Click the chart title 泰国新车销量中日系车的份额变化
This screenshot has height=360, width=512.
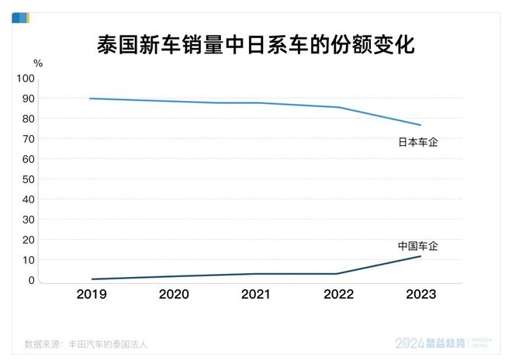255,44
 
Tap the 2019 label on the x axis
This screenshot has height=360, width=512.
92,294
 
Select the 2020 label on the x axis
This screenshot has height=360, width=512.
174,294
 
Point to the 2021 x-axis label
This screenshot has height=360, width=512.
256,294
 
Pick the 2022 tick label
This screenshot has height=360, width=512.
338,294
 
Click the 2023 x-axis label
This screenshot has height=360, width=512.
420,294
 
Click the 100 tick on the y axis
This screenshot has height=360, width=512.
26,78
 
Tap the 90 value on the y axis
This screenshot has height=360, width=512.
28,99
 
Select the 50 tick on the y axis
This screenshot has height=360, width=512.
28,179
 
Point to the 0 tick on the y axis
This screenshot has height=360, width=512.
31,280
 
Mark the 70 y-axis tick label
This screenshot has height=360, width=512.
28,139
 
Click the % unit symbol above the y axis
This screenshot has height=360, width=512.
38,62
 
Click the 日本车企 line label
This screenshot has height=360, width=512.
418,142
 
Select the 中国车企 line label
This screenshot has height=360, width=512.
418,245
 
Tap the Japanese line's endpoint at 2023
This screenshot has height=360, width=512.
420,125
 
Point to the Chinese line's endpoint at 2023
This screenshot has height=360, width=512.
420,256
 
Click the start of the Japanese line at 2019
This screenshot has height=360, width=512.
92,99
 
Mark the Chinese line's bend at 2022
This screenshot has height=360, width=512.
338,273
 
